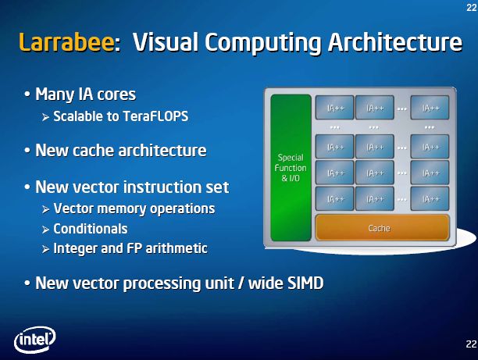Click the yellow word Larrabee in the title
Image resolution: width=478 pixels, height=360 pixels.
[x=66, y=41]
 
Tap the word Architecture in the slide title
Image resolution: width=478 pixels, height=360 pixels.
[x=395, y=41]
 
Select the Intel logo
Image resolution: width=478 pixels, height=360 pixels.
[x=34, y=339]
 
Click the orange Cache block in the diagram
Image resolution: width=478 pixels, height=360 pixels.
[x=382, y=228]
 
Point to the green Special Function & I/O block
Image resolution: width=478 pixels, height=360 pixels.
[x=291, y=168]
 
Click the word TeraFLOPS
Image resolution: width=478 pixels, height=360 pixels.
[x=155, y=116]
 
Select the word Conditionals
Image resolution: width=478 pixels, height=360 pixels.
[x=91, y=230]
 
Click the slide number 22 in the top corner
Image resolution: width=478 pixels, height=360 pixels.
[x=472, y=7]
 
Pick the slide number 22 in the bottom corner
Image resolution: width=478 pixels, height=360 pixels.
[x=471, y=344]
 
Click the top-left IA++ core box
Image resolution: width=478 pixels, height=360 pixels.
[x=334, y=107]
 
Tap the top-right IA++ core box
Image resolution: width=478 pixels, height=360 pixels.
[x=430, y=107]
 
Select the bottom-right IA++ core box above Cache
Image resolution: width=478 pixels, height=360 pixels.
[x=430, y=199]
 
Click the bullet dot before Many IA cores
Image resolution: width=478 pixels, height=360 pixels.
[x=27, y=94]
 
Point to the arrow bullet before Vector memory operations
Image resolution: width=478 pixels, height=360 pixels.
[x=46, y=209]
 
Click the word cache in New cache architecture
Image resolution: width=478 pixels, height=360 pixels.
[x=93, y=150]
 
